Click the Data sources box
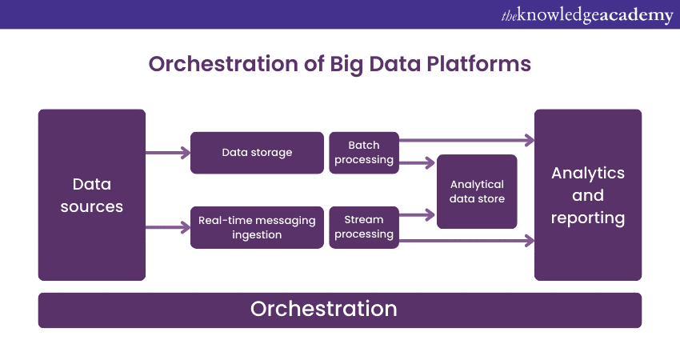pyautogui.click(x=92, y=195)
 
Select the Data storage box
pyautogui.click(x=257, y=153)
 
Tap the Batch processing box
pyautogui.click(x=363, y=153)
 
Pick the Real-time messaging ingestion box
pyautogui.click(x=257, y=227)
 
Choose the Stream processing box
pyautogui.click(x=363, y=227)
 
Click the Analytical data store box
pyautogui.click(x=477, y=192)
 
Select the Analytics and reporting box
pyautogui.click(x=588, y=195)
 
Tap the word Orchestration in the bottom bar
pyautogui.click(x=323, y=309)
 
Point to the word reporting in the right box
pyautogui.click(x=588, y=218)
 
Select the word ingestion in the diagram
pyautogui.click(x=257, y=234)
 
